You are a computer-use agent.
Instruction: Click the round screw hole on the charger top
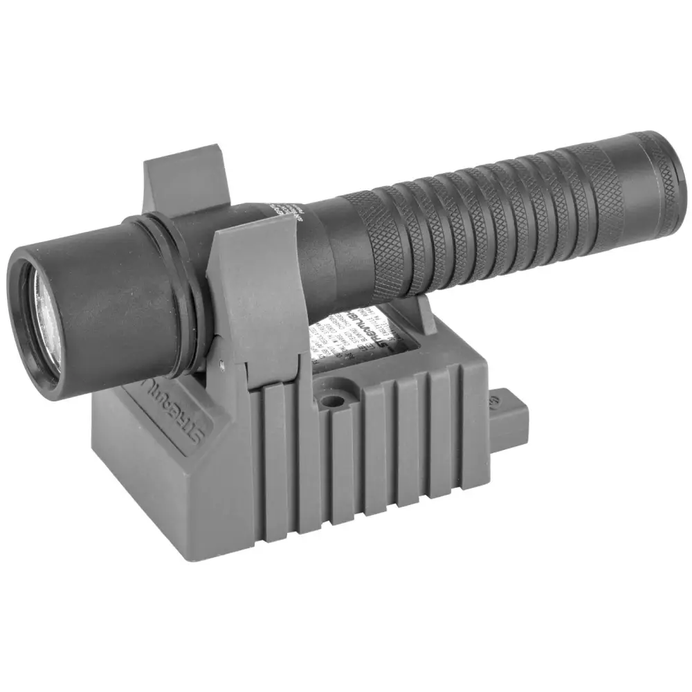334,401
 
